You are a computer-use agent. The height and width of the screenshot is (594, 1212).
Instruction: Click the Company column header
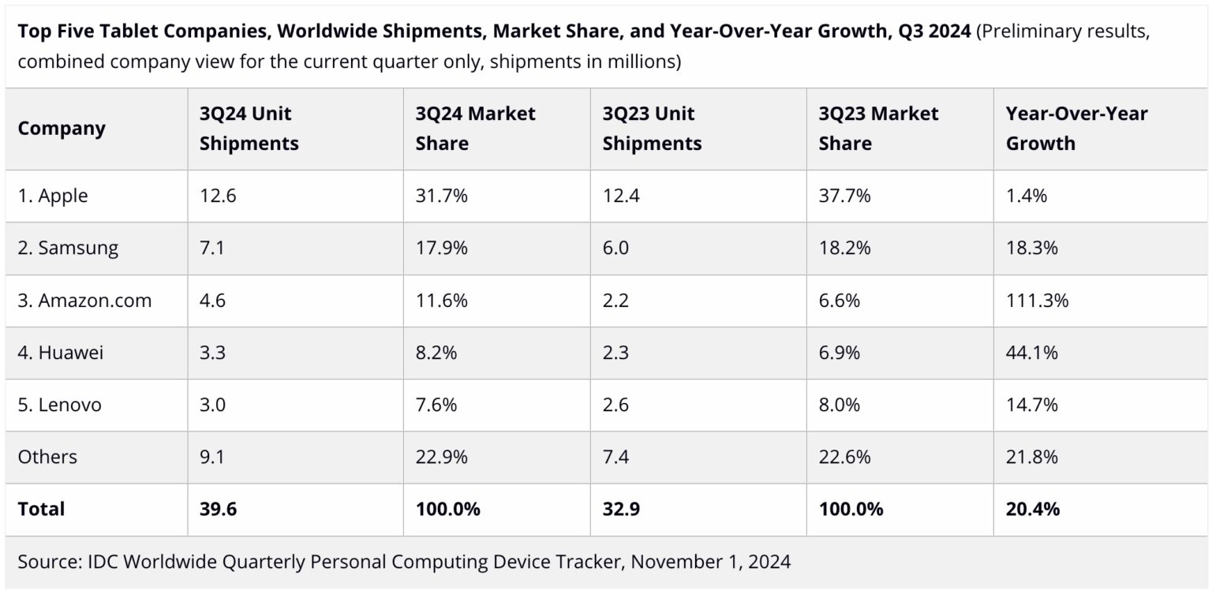[62, 129]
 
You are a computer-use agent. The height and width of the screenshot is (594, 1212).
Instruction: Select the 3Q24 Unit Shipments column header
[249, 129]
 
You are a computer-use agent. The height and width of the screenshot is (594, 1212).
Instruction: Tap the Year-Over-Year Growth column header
[1076, 129]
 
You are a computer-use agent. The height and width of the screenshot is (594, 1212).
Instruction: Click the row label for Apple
[53, 196]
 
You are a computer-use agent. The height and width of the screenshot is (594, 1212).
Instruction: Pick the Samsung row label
[68, 248]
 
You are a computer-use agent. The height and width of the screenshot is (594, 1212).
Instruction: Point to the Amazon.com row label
[84, 301]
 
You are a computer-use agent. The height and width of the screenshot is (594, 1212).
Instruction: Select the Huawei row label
[61, 353]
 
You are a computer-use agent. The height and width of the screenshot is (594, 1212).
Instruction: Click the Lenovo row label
[60, 405]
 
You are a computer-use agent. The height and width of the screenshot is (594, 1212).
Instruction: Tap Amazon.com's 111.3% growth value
[1037, 301]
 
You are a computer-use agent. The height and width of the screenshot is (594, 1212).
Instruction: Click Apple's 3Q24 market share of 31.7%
[441, 196]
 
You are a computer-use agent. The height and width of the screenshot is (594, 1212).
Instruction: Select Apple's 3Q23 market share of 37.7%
[844, 196]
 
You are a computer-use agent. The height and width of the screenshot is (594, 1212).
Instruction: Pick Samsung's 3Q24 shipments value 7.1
[212, 248]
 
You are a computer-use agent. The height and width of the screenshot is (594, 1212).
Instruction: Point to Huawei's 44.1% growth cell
[1031, 353]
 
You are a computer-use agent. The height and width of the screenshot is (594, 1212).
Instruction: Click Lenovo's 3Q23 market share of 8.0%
[840, 405]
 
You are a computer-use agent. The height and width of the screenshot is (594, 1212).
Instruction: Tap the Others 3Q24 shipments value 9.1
[212, 457]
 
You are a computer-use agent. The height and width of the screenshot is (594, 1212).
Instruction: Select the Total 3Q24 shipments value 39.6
[218, 510]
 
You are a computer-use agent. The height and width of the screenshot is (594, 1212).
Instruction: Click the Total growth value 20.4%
[1032, 510]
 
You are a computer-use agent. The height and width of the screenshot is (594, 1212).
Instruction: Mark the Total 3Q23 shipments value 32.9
[620, 510]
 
